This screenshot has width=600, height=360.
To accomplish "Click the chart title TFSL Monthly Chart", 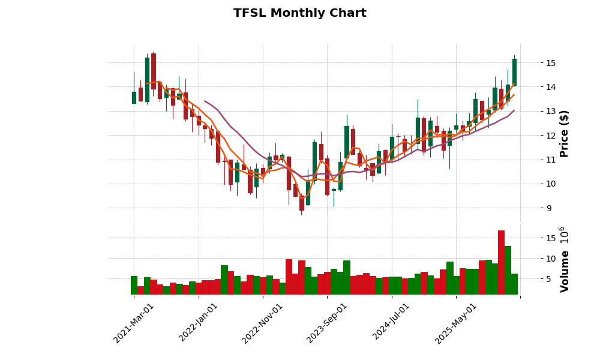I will coord(299,13).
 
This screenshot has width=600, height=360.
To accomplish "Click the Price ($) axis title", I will coord(564,133).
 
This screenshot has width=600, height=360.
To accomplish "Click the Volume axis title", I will coord(564,259).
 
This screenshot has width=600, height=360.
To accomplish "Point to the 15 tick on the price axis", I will coord(550,63).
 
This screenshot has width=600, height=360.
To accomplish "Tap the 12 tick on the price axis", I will coord(550,136).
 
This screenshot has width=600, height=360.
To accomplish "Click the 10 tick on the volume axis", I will coord(550,259).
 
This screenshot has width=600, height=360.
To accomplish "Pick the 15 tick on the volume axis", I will coord(550,238).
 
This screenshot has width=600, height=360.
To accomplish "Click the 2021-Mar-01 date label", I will coord(134,323).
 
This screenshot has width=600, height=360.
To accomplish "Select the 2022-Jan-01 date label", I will coord(199,323).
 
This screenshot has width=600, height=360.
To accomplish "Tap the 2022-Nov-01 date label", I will coord(262,323).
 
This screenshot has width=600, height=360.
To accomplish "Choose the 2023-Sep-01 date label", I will coord(327,323).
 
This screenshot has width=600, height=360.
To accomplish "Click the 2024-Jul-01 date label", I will coord(391,323).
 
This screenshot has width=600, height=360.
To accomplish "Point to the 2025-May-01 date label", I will coord(456,323).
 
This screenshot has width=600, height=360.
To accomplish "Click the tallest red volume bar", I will coord(501,262).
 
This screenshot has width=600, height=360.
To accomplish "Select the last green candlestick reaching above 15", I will coord(514,71).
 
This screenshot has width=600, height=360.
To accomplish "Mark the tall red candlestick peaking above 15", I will coord(154,71).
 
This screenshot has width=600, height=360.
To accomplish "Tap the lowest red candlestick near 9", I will coord(302,203).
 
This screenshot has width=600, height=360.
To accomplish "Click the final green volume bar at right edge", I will coord(514,284).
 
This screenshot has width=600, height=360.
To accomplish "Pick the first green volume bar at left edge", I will coord(134,285).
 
